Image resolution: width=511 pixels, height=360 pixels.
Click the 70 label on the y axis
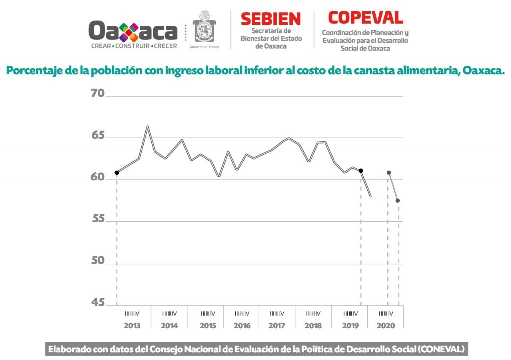point(97,93)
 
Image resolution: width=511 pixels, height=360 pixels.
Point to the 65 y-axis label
point(97,136)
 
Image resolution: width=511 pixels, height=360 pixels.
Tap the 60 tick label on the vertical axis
point(97,178)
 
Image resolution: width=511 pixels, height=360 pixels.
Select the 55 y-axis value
point(97,220)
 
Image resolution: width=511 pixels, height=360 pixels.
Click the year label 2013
point(132,325)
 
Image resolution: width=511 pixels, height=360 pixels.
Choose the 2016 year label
point(242,325)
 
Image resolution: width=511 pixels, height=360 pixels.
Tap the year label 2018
point(313,325)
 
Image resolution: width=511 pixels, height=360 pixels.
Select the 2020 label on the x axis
point(386,325)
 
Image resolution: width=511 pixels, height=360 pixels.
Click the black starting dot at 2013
point(117,173)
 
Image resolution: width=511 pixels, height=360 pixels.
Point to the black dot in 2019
point(361,171)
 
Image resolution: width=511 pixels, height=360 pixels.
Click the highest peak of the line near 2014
point(148,126)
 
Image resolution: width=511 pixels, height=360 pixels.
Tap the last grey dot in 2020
point(398,201)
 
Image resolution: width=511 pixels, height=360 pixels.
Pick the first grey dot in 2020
point(389,173)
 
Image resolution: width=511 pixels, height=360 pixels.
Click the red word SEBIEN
point(270,19)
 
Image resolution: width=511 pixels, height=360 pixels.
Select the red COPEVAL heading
point(365,18)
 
